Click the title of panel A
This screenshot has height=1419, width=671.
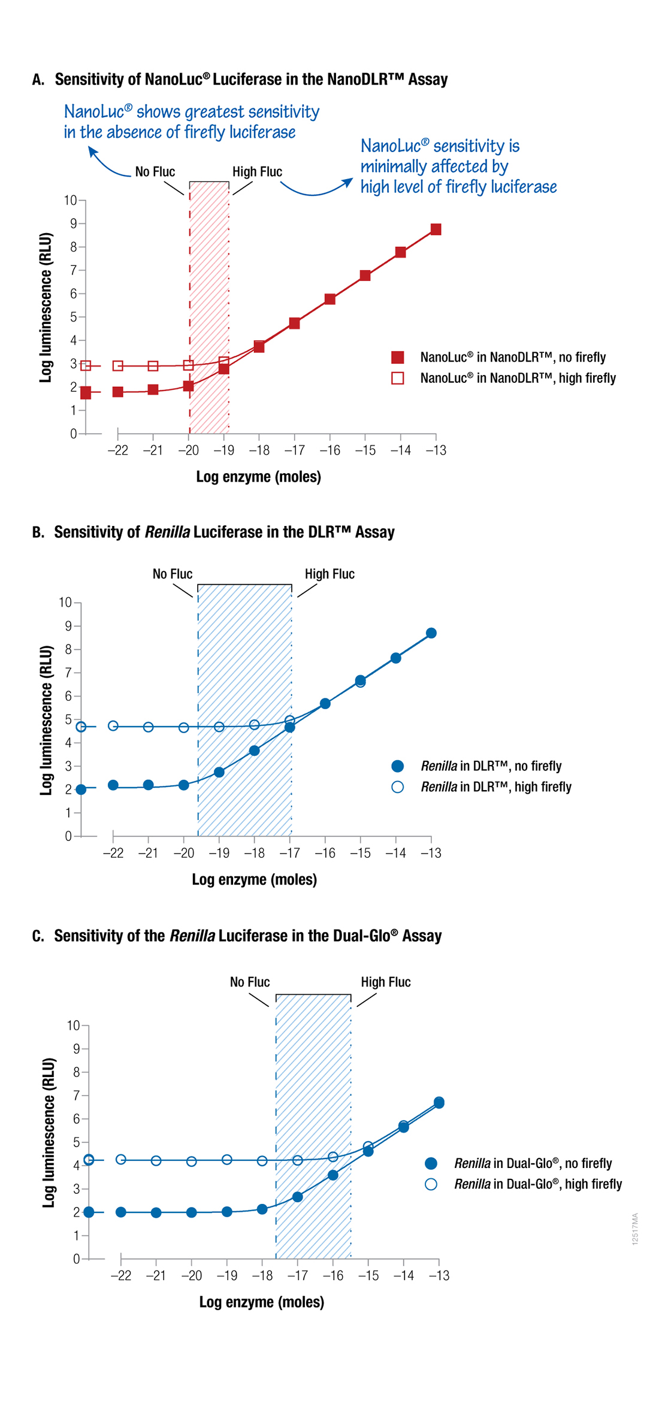240,79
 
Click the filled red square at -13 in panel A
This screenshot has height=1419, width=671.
436,229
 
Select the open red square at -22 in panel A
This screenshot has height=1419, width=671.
118,365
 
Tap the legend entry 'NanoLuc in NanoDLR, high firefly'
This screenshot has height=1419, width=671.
517,378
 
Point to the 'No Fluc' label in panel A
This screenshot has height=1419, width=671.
155,172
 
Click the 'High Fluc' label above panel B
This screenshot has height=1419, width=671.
329,574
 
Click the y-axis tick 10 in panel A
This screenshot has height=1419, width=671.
71,200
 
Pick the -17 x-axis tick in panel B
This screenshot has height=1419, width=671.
290,852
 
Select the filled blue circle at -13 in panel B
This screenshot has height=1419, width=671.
431,633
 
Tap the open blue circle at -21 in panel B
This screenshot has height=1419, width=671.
149,727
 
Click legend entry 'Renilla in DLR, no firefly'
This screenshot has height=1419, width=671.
491,766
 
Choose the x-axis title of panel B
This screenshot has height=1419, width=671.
254,879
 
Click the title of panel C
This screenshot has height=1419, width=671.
237,936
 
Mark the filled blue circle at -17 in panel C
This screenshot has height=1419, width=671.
298,1197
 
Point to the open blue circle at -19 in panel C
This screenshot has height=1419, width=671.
227,1160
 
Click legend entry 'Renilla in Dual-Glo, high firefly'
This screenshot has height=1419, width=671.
537,1184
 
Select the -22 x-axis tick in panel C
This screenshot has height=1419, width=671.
121,1275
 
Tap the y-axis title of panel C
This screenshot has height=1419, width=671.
49,1132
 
